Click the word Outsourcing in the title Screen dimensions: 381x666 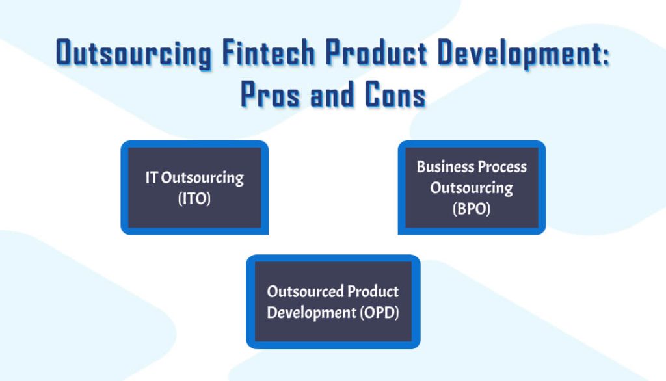133,53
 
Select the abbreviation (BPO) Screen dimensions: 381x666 472,209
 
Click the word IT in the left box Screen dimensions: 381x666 152,177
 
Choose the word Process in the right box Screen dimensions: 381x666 502,166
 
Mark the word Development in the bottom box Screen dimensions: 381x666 311,313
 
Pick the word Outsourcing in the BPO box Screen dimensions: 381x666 472,189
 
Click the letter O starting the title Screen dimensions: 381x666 64,53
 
